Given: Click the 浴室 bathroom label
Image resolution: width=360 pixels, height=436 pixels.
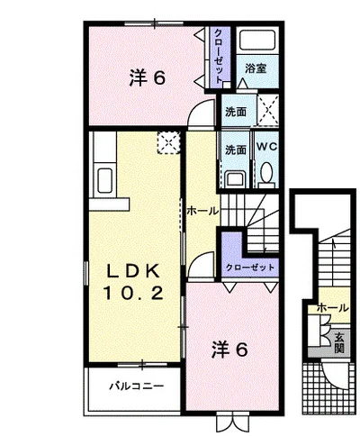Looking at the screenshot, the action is [256, 68].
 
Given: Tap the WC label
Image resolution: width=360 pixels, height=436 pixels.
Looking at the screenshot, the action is [266, 147].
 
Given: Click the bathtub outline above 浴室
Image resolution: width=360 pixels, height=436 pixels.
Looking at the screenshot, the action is [257, 40].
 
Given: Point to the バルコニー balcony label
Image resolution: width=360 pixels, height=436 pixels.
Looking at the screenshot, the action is [137, 386].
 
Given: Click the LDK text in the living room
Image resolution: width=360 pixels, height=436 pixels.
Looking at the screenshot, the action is [133, 272].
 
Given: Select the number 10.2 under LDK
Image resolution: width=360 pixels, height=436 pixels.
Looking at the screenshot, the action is [133, 293].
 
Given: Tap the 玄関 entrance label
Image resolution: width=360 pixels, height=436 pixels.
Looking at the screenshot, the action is [339, 342].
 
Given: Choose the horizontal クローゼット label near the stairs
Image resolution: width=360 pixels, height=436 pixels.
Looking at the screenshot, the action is [250, 267].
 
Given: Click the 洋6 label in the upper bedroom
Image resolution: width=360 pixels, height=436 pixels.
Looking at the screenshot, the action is [148, 78].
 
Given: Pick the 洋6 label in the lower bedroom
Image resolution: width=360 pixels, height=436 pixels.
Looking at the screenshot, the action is [230, 350].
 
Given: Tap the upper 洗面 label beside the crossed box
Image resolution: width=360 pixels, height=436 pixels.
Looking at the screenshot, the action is [236, 112].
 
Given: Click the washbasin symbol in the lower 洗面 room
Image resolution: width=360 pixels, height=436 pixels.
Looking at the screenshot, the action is [236, 179].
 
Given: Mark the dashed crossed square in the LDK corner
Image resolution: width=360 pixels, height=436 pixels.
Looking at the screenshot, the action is [168, 142].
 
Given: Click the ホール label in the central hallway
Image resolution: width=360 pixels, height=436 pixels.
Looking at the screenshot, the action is [202, 211].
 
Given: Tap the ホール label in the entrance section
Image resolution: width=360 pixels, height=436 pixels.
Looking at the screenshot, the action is [333, 308].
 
